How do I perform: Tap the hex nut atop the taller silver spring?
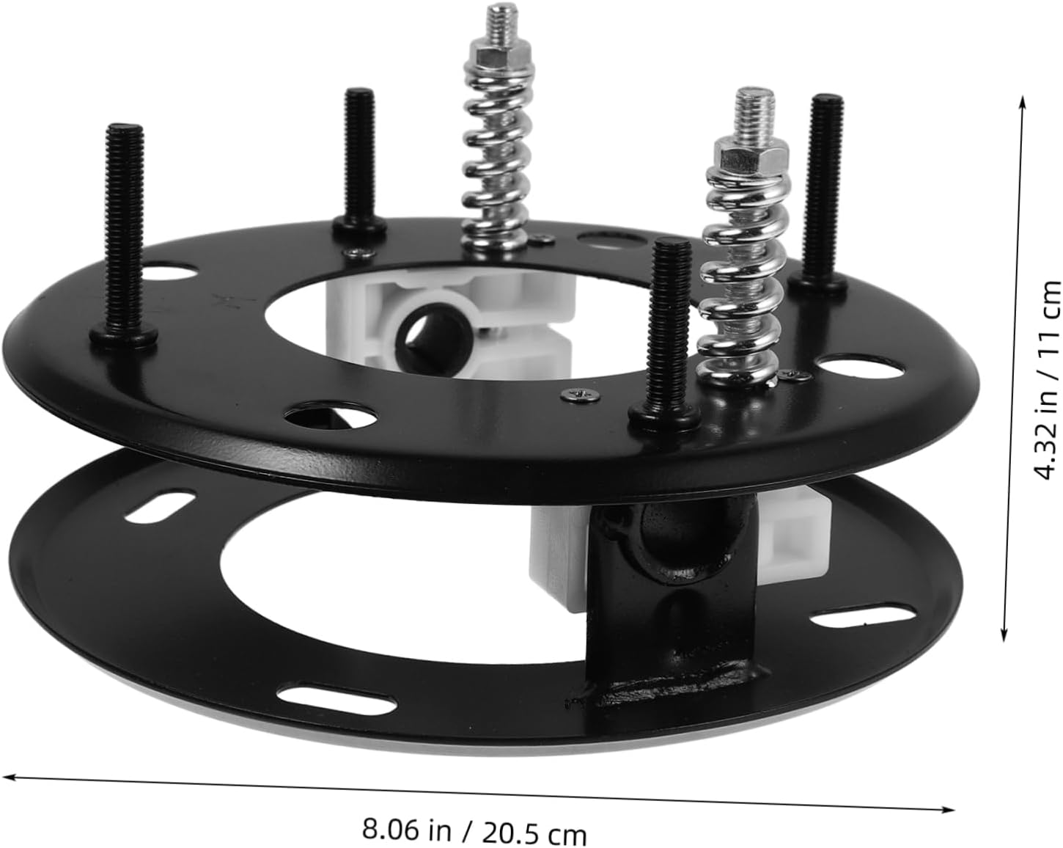tap(498, 55)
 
